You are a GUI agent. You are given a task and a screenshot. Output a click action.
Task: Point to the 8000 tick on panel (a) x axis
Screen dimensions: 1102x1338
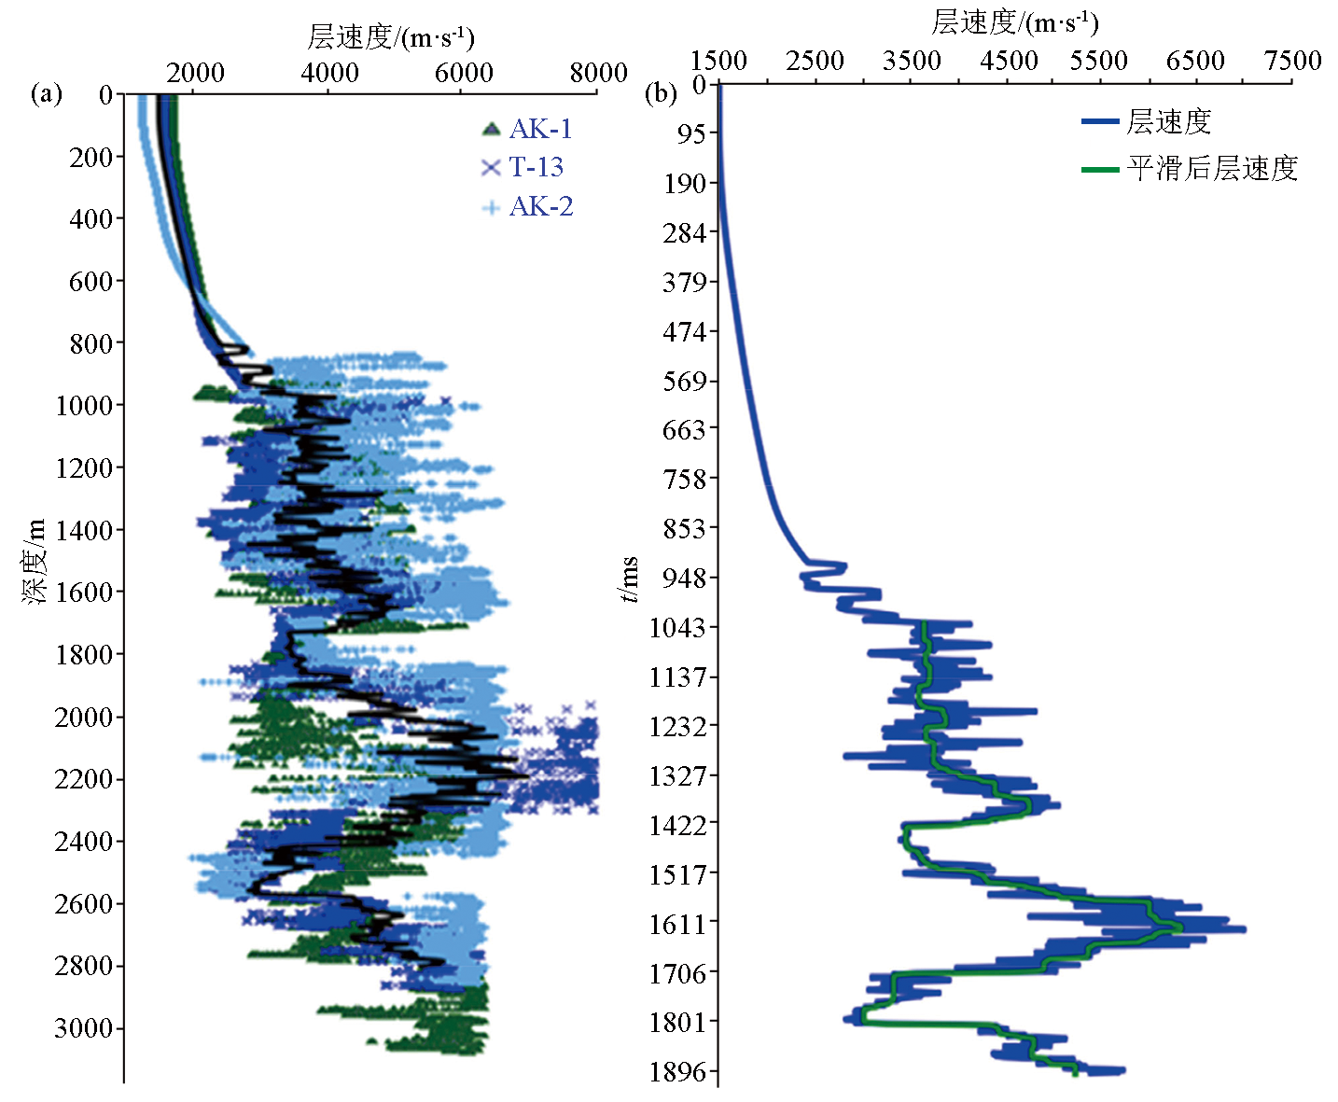coord(598,73)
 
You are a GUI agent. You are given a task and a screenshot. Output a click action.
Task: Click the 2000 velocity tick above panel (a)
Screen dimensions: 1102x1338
coord(196,73)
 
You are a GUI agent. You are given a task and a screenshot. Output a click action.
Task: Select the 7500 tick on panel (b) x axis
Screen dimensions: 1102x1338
coord(1292,61)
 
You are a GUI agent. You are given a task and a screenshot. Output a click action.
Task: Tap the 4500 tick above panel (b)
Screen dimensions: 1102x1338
coord(1009,61)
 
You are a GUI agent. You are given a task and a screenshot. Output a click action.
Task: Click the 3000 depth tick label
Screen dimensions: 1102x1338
coord(83,1028)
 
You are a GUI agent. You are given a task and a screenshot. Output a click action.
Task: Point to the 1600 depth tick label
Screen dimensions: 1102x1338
coord(83,593)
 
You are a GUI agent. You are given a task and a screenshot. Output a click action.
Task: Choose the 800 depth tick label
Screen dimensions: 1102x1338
coord(91,343)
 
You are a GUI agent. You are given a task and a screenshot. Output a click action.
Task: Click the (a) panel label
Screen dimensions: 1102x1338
coord(47,93)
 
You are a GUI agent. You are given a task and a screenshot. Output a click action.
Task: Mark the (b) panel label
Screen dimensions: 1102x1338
coord(661,93)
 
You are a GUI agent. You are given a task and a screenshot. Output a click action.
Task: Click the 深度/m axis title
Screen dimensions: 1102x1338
coord(35,560)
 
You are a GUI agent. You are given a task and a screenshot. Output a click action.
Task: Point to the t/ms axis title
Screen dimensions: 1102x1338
coord(631,579)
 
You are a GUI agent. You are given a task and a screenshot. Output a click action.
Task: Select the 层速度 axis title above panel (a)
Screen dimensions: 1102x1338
coord(390,37)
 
